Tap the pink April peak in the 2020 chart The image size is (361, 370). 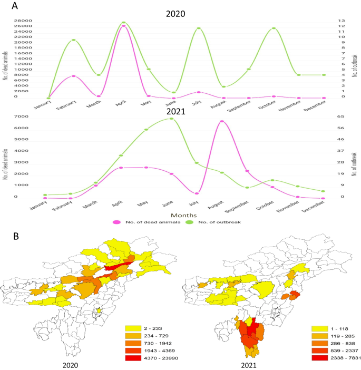(123, 25)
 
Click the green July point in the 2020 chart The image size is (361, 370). (198, 28)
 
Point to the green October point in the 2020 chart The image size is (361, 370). (273, 28)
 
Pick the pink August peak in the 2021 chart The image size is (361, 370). (222, 121)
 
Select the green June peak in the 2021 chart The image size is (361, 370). (172, 119)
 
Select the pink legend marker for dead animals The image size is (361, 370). (117, 222)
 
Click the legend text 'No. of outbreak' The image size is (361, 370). (220, 222)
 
